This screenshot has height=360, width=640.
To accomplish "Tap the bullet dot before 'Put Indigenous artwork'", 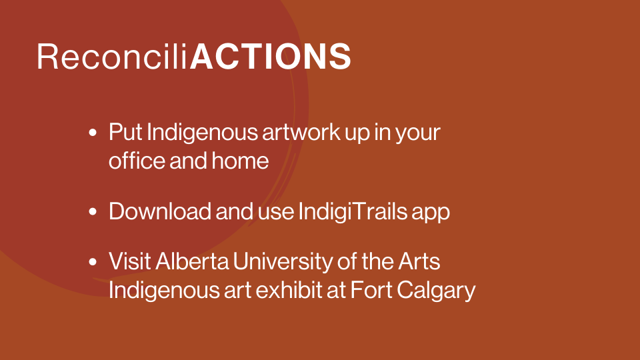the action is pos(93,132).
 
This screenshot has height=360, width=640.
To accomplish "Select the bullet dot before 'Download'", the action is pos(93,211).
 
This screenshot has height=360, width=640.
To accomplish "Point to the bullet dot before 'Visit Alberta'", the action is pos(93,261).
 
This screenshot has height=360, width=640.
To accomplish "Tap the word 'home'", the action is pos(240,161).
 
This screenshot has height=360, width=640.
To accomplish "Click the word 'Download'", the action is pos(159,211).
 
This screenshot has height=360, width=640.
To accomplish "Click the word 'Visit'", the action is pos(129,261).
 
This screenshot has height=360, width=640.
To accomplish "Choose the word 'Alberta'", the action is pos(192,261).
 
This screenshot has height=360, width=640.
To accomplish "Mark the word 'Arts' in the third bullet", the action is pos(419,261).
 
